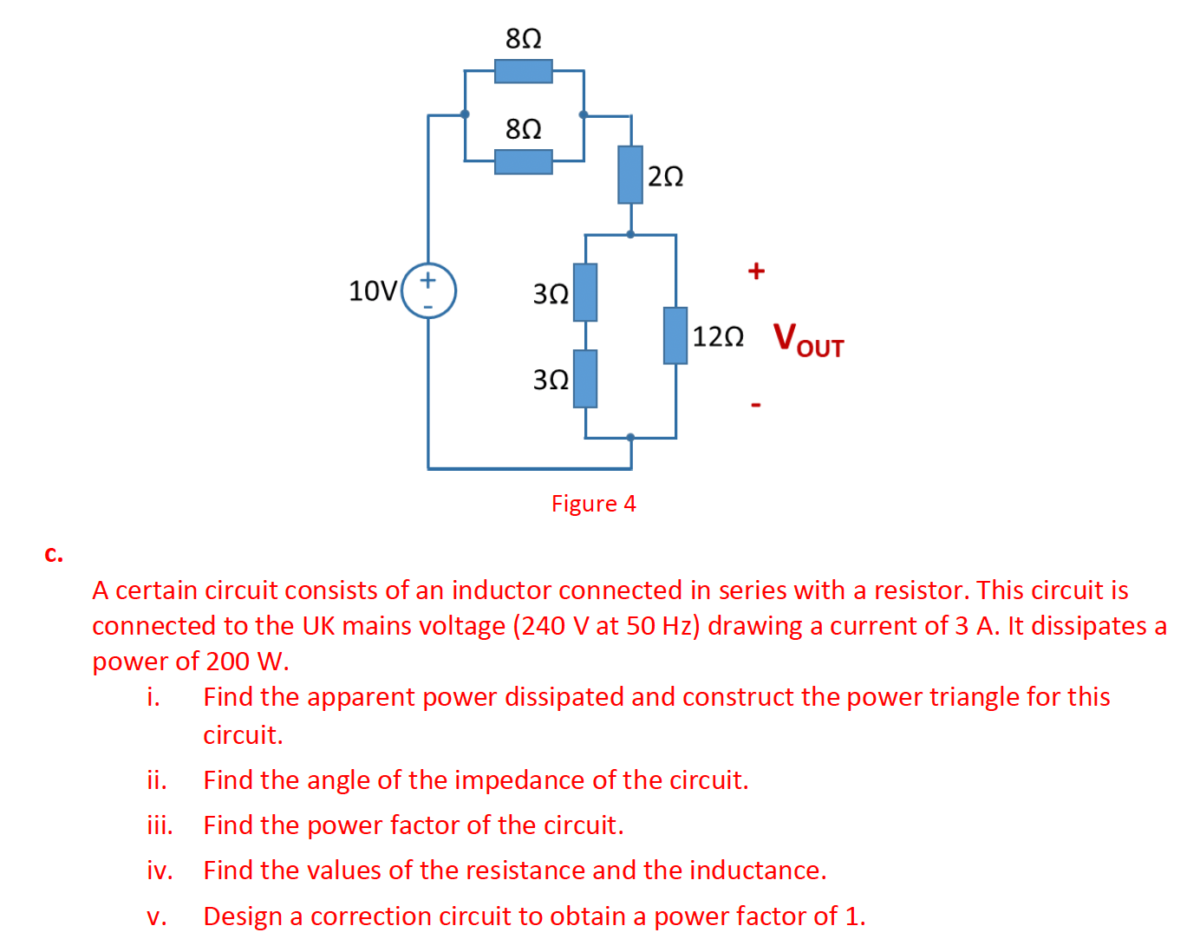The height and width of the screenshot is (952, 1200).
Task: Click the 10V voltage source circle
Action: [428, 290]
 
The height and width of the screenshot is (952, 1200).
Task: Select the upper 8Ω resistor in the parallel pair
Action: [523, 71]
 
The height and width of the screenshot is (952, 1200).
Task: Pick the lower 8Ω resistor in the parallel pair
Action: [523, 162]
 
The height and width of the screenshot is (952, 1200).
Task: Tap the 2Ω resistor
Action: [630, 174]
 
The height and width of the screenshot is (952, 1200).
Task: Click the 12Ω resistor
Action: [675, 336]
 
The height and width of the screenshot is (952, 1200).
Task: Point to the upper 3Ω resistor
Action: [585, 292]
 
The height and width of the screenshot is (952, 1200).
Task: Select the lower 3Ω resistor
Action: [585, 379]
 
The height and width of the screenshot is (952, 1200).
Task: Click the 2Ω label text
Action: [666, 177]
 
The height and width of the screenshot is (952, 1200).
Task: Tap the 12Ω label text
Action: [718, 336]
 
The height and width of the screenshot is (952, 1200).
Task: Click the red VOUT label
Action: [807, 339]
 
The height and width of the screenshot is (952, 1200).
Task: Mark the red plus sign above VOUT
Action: [756, 271]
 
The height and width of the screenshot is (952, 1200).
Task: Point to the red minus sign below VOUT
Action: [756, 404]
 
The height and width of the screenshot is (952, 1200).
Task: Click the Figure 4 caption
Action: [593, 504]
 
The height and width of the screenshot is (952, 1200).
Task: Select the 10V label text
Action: [373, 290]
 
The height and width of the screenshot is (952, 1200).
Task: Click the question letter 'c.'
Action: [54, 554]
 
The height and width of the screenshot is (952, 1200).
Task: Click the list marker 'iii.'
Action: [160, 825]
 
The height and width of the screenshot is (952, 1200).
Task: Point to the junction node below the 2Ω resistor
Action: [630, 234]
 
